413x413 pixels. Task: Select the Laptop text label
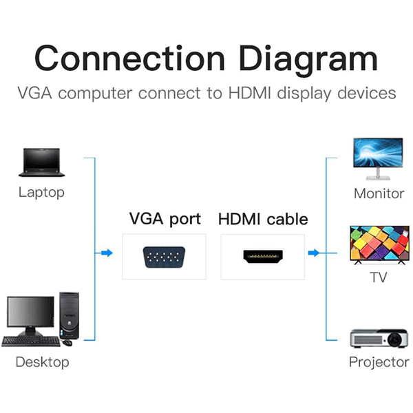tap(41, 192)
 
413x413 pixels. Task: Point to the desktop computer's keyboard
tap(32, 341)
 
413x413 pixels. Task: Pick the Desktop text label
tap(42, 361)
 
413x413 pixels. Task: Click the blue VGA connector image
tap(164, 257)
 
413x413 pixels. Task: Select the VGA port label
tap(165, 219)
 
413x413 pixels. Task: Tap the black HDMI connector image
tap(262, 257)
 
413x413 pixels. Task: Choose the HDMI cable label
tap(263, 220)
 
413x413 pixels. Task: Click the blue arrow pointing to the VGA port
tap(105, 253)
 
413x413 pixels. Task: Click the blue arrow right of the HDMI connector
tap(314, 253)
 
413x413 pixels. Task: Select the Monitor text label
tap(379, 193)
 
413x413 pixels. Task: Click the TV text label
tap(378, 277)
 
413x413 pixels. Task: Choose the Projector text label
tap(379, 362)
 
